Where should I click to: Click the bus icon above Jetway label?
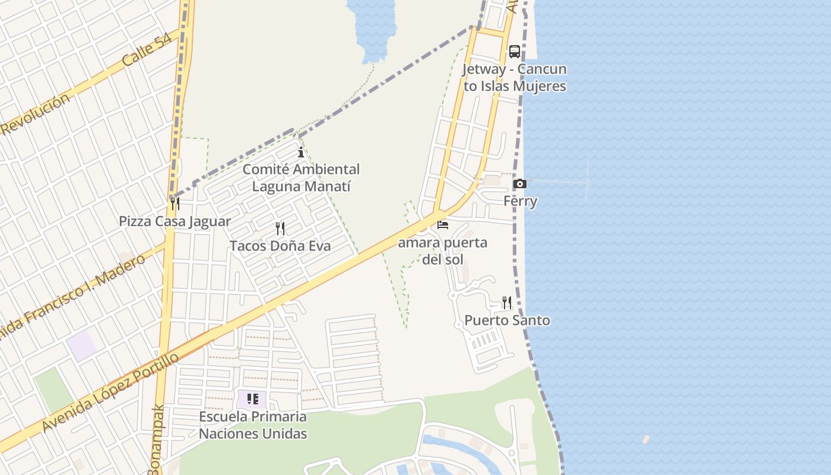coord(514,52)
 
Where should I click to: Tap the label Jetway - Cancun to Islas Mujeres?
coord(515,78)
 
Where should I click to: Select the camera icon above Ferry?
coord(519,184)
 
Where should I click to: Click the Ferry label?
coord(521,201)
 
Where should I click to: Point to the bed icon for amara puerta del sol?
coord(443,225)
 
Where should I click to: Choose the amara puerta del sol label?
coord(443,251)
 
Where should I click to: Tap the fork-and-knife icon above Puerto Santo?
coord(506,303)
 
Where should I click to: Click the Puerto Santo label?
coord(507,321)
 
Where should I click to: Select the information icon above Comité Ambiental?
coord(301,153)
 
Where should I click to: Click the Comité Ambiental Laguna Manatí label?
coord(301,178)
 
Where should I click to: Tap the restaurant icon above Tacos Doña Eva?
coord(280,229)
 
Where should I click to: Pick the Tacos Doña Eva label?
coord(280,246)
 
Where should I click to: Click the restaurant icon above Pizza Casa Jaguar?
coord(175,204)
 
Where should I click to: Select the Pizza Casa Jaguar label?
coord(175,221)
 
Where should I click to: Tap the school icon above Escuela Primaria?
coord(252,399)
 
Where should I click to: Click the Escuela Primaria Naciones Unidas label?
coord(253,425)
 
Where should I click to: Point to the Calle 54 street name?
coord(147,50)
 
